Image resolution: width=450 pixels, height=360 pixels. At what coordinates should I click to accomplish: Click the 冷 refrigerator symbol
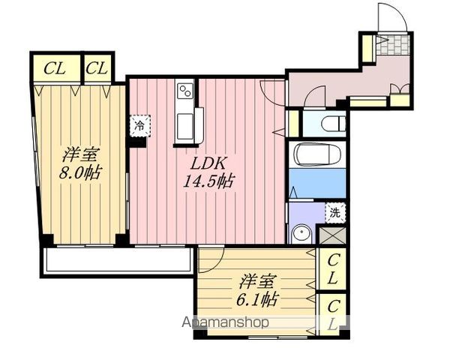[139, 125]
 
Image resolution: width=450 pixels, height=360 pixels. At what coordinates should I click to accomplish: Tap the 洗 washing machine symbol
[335, 213]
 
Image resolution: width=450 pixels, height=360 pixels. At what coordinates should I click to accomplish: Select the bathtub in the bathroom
[318, 154]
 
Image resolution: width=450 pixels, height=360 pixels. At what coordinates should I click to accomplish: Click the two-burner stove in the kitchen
[185, 91]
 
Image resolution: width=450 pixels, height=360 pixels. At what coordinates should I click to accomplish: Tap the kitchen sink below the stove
[185, 126]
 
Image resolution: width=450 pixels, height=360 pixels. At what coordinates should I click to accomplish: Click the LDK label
[209, 163]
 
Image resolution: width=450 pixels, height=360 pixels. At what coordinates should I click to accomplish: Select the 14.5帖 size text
[208, 181]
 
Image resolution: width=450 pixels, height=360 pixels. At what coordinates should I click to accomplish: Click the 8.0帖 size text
[80, 173]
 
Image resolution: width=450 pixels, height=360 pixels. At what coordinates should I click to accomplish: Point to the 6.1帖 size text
[256, 299]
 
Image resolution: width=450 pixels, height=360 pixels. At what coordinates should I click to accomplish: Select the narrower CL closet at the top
[97, 69]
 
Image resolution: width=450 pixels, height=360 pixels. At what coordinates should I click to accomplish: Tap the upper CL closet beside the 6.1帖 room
[332, 269]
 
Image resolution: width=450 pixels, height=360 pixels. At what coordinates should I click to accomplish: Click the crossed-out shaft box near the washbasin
[332, 235]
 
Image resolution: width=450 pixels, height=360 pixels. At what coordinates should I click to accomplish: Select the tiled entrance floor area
[392, 44]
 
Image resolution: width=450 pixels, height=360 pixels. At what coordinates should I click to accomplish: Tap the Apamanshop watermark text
[226, 322]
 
